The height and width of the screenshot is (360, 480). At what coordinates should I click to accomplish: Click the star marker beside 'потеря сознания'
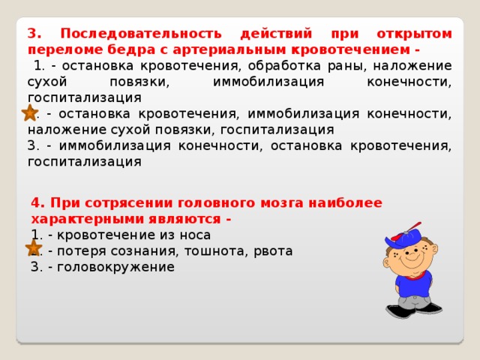pyautogui.click(x=34, y=247)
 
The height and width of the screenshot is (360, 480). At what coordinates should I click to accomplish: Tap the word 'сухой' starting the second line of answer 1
pyautogui.click(x=46, y=81)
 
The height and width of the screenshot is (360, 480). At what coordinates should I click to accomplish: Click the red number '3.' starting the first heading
pyautogui.click(x=34, y=34)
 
